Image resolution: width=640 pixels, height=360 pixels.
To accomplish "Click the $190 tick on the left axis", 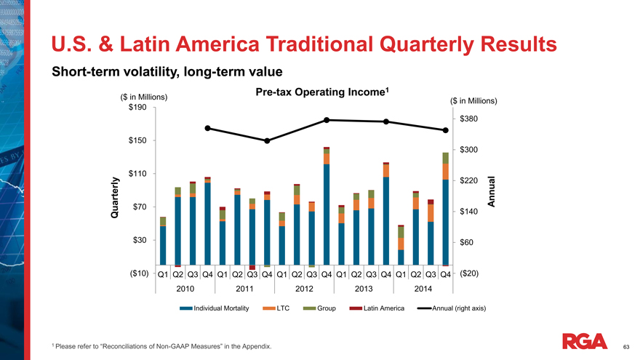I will pyautogui.click(x=137, y=108).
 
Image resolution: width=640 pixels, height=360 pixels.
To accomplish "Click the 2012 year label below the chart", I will pyautogui.click(x=304, y=289).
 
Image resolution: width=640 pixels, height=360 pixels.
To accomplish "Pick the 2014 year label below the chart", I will pyautogui.click(x=423, y=289).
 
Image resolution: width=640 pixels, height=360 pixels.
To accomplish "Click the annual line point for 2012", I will pyautogui.click(x=327, y=120).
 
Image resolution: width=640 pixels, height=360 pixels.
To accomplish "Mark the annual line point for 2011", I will pyautogui.click(x=267, y=140).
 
